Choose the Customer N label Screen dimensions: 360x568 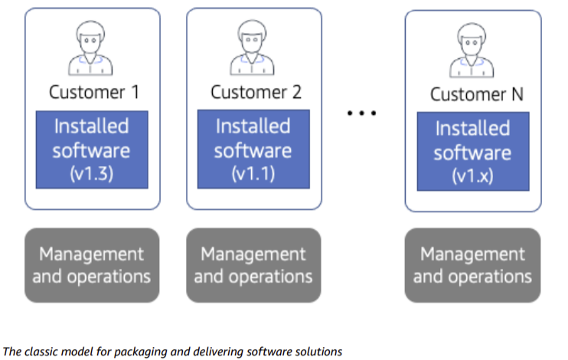tap(473, 95)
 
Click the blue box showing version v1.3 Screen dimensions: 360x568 tap(92, 149)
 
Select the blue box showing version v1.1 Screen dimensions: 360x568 tap(253, 149)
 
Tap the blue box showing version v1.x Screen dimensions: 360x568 tap(472, 152)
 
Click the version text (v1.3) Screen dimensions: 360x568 tap(92, 173)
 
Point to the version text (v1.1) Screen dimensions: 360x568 tap(253, 173)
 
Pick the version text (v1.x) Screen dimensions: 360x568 tap(472, 175)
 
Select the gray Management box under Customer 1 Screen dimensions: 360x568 tap(92, 264)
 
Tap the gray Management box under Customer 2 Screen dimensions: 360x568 tap(253, 264)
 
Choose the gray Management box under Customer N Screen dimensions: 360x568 tap(472, 264)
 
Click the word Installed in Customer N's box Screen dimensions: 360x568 tap(472, 128)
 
